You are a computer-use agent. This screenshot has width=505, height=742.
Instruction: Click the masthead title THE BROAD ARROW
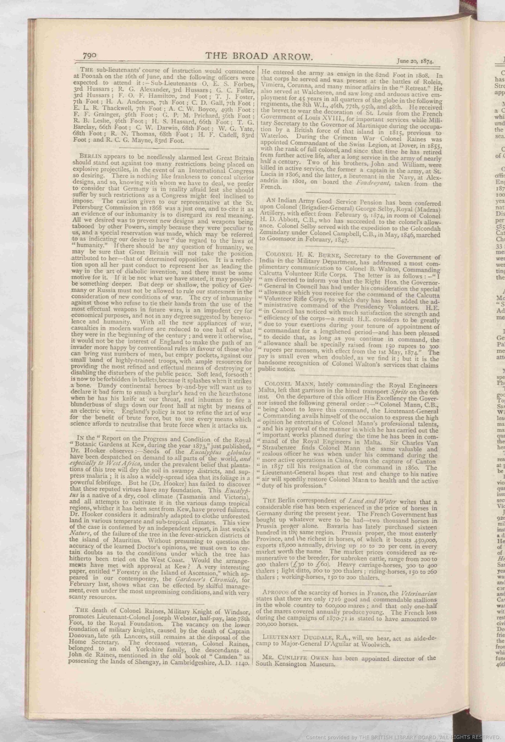258,57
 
